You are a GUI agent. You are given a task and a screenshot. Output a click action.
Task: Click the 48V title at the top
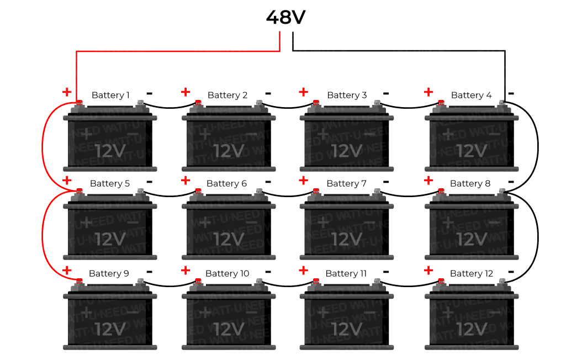click(x=285, y=17)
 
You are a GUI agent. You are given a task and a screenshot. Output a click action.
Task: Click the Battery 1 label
click(x=110, y=95)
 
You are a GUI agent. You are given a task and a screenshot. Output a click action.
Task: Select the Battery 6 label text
click(x=226, y=183)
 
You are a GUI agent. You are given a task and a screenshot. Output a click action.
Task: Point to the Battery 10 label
click(x=227, y=273)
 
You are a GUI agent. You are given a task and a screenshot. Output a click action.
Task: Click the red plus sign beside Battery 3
click(x=303, y=92)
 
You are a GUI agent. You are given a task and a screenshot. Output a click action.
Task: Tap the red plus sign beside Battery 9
click(x=67, y=271)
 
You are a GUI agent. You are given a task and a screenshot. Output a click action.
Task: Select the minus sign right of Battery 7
click(x=385, y=182)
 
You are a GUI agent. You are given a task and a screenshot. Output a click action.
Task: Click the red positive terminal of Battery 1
click(x=79, y=103)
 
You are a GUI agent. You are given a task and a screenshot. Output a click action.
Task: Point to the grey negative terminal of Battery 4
click(x=502, y=103)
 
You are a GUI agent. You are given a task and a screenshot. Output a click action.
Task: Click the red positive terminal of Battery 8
click(x=441, y=192)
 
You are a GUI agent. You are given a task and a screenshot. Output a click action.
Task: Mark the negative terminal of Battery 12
click(x=502, y=282)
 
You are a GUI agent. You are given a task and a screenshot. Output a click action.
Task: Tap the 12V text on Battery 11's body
click(x=347, y=329)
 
